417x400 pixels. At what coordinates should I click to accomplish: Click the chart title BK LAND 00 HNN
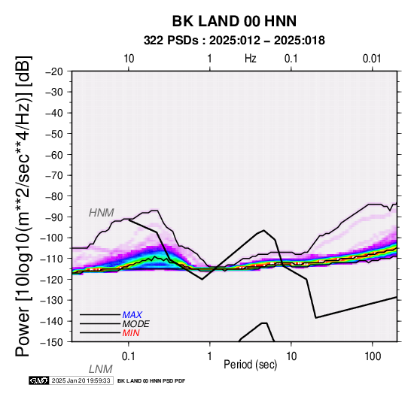[x=234, y=21]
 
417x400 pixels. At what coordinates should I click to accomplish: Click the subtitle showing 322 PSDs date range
[x=234, y=41]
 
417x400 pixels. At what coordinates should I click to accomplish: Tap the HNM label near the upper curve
[x=102, y=213]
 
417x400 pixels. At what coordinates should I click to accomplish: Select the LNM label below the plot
[x=101, y=369]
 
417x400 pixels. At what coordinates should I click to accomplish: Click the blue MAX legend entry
[x=132, y=315]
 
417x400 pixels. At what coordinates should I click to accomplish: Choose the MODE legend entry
[x=136, y=324]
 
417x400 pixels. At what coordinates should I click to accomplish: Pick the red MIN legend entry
[x=131, y=333]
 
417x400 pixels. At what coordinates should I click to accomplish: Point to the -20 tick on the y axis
[x=54, y=71]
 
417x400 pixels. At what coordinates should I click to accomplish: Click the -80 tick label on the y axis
[x=54, y=196]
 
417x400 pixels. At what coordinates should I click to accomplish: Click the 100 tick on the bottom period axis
[x=373, y=356]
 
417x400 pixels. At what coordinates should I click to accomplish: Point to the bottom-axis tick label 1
[x=210, y=356]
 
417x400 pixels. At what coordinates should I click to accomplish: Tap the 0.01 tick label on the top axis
[x=372, y=59]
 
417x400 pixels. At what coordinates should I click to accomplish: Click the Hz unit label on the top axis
[x=251, y=59]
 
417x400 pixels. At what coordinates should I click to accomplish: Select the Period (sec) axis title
[x=250, y=365]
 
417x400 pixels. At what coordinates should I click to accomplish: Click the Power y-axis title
[x=23, y=206]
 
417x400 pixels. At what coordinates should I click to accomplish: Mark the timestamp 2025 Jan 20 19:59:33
[x=81, y=380]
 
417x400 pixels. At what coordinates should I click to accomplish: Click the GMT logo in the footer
[x=38, y=380]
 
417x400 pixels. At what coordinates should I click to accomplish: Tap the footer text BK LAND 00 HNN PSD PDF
[x=151, y=381]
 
